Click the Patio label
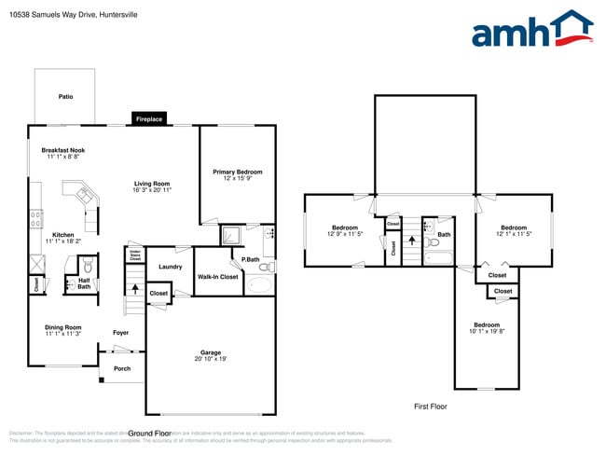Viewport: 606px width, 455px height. point(65,96)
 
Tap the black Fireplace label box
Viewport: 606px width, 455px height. point(149,119)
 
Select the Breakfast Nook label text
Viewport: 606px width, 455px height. point(63,150)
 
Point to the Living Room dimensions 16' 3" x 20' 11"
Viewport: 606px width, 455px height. point(152,189)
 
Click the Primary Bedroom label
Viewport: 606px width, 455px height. point(237,172)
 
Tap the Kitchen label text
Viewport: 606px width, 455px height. point(63,235)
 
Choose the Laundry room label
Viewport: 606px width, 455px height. point(170,267)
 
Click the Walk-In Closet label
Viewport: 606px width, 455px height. point(217,277)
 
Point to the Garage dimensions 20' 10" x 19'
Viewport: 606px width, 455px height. point(211,359)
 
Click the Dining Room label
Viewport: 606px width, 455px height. point(63,327)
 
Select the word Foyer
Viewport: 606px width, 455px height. point(121,333)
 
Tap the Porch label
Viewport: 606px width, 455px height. point(122,368)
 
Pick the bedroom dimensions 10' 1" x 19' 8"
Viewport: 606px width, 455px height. point(486,331)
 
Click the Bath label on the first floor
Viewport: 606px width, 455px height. point(444,235)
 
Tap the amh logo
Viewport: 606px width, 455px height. point(531,30)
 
